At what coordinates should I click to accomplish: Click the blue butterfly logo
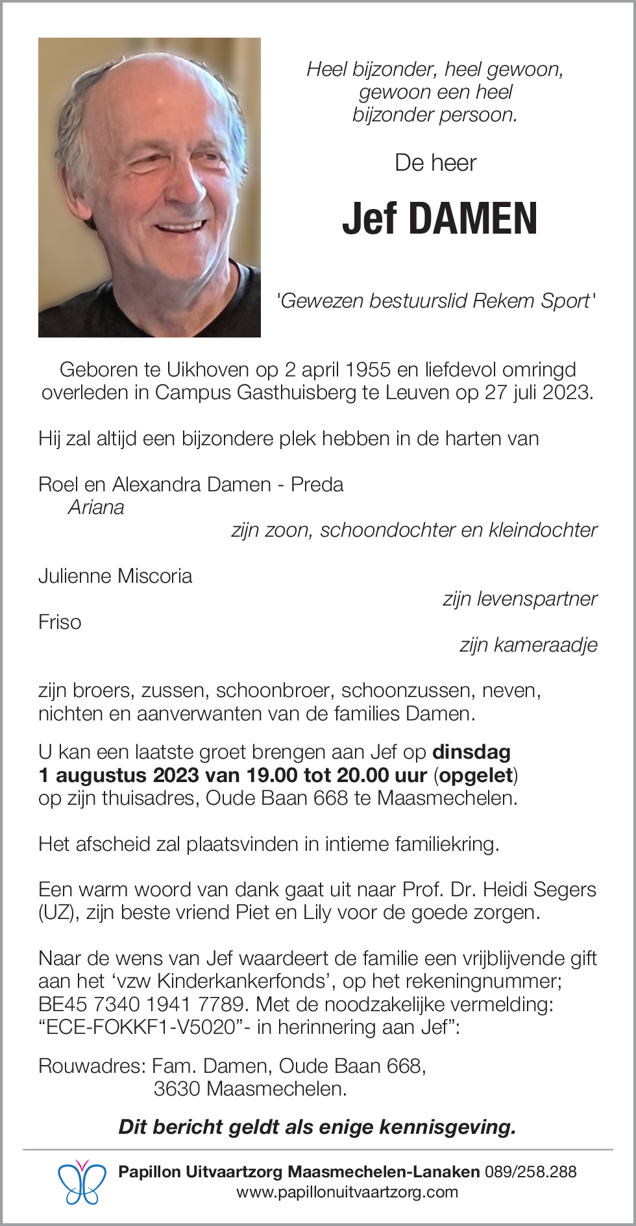click(82, 1182)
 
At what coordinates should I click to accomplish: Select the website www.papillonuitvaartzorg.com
click(347, 1192)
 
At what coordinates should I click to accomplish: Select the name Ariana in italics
click(96, 508)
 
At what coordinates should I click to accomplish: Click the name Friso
click(60, 622)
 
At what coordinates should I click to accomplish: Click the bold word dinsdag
click(471, 752)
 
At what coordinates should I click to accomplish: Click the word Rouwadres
click(90, 1066)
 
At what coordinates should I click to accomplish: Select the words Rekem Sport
click(531, 301)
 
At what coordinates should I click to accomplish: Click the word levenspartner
click(537, 599)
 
